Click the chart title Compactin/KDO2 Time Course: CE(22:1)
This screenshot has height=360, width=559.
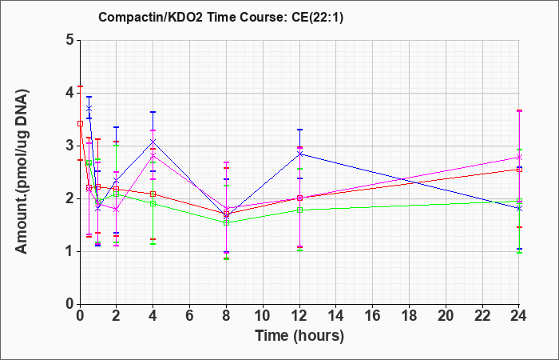(220, 17)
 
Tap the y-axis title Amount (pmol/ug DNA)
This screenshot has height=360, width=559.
(22, 172)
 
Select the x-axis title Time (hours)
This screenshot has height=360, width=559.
(299, 336)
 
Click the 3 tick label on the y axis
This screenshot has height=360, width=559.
(69, 146)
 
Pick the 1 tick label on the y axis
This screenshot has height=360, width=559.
(69, 251)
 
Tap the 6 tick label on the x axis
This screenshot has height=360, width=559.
(190, 316)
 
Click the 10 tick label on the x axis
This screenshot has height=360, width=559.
(263, 316)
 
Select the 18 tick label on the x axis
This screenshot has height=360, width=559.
(409, 316)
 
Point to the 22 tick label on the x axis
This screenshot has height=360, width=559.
(482, 316)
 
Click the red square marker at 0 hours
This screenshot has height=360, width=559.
(80, 123)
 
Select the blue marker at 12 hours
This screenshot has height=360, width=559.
(299, 154)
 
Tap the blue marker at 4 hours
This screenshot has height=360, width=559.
(153, 142)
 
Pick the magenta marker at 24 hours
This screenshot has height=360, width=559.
(519, 157)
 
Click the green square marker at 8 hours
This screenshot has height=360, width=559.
(226, 223)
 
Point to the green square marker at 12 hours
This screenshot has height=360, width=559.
(299, 210)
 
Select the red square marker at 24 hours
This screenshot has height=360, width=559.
(519, 170)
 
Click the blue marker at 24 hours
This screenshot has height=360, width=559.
(519, 208)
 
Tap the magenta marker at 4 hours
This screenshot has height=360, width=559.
(153, 156)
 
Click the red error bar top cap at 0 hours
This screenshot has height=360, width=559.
(80, 86)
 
